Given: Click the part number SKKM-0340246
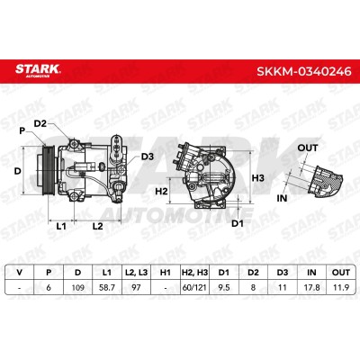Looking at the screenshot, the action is [x=303, y=71].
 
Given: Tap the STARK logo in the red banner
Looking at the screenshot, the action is [x=38, y=70].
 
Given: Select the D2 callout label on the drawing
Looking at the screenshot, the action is [x=40, y=123].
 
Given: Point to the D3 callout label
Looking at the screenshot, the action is [x=148, y=157].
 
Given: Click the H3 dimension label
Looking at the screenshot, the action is [x=257, y=178].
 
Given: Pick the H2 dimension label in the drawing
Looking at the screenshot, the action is [x=161, y=191].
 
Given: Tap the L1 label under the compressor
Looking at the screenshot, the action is [x=61, y=226].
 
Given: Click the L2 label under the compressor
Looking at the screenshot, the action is [x=97, y=226].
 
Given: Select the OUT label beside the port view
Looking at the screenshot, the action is [x=308, y=148].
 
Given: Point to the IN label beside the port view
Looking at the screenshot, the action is [x=282, y=198].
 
